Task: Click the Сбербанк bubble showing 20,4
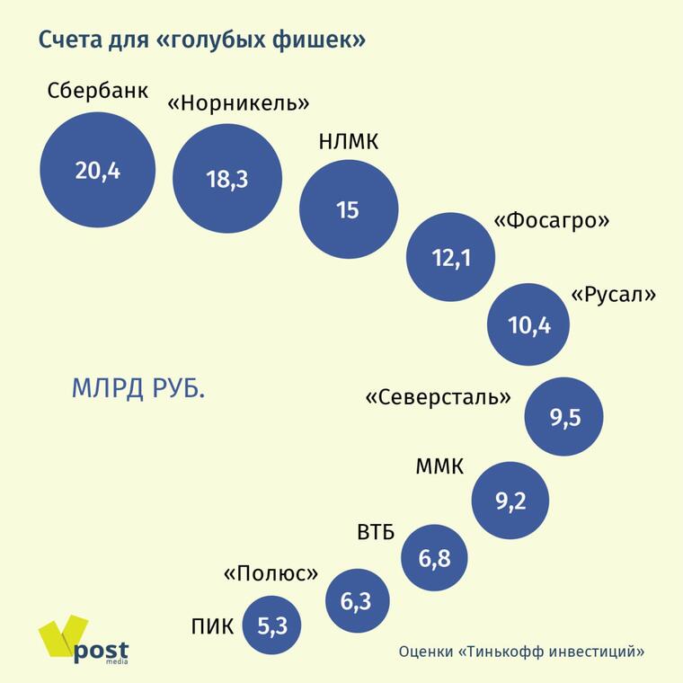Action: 97,171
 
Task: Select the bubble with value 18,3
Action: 226,178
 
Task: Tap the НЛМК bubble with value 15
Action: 347,209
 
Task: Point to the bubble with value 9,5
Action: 564,417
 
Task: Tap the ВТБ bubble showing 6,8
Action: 434,558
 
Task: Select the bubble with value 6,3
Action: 356,601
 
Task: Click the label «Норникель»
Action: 239,102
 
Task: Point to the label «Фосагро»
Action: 553,220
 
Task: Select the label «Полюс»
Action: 271,573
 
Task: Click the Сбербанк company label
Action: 97,92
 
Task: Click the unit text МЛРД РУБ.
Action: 138,389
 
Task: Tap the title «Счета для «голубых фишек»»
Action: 201,40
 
